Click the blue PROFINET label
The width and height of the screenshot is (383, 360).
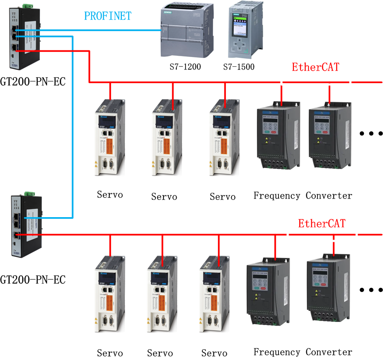(x=108, y=16)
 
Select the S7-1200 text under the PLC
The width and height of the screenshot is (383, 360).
(x=185, y=67)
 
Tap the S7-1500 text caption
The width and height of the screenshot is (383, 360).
(x=239, y=67)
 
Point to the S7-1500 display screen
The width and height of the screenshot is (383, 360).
(x=241, y=27)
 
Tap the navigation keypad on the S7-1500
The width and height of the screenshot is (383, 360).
(x=241, y=45)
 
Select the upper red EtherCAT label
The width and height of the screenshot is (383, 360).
(x=315, y=67)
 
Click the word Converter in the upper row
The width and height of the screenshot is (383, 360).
(x=329, y=195)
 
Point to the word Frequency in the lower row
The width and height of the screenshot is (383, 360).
(x=276, y=352)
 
